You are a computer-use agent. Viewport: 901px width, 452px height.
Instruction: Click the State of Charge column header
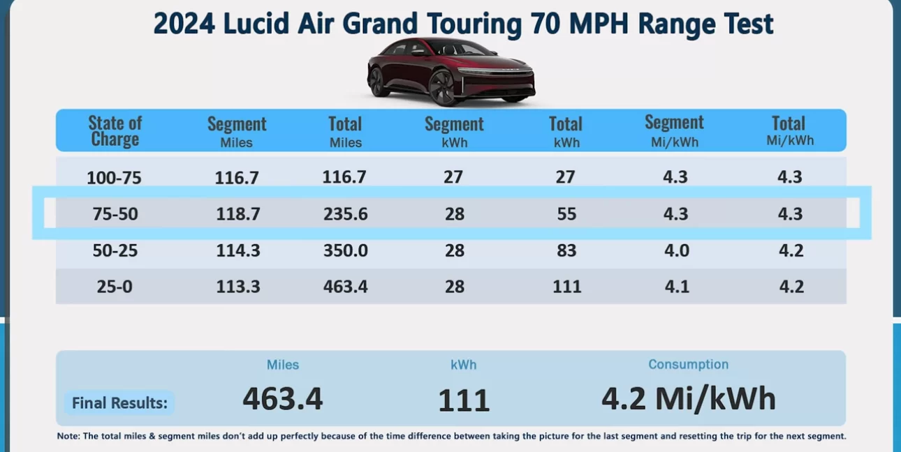115,131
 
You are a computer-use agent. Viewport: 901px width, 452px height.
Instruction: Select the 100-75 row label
115,178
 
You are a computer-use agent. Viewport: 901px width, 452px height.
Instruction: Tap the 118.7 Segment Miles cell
238,213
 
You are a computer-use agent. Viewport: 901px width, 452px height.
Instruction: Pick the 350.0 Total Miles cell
346,250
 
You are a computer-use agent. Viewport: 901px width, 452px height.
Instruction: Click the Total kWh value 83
566,250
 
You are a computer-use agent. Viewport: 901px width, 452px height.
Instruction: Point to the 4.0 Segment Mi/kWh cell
677,250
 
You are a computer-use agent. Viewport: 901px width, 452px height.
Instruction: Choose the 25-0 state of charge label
115,287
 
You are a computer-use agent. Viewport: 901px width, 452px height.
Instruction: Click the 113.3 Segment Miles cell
238,287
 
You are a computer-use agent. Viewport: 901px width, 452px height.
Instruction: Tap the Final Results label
119,403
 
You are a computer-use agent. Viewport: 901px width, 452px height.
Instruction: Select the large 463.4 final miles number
283,398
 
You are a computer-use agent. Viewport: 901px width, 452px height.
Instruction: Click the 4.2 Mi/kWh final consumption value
689,398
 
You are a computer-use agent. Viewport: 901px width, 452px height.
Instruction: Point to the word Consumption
688,364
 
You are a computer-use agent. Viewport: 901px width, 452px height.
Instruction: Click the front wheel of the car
442,89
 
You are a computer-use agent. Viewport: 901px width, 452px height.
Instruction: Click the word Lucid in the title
256,23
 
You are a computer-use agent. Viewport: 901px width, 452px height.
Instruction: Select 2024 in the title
184,23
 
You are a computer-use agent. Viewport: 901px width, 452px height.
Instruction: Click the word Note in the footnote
68,437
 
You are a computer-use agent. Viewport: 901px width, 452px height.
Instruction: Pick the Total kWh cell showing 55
566,213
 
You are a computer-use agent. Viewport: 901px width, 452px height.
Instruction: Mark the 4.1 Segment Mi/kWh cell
677,287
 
